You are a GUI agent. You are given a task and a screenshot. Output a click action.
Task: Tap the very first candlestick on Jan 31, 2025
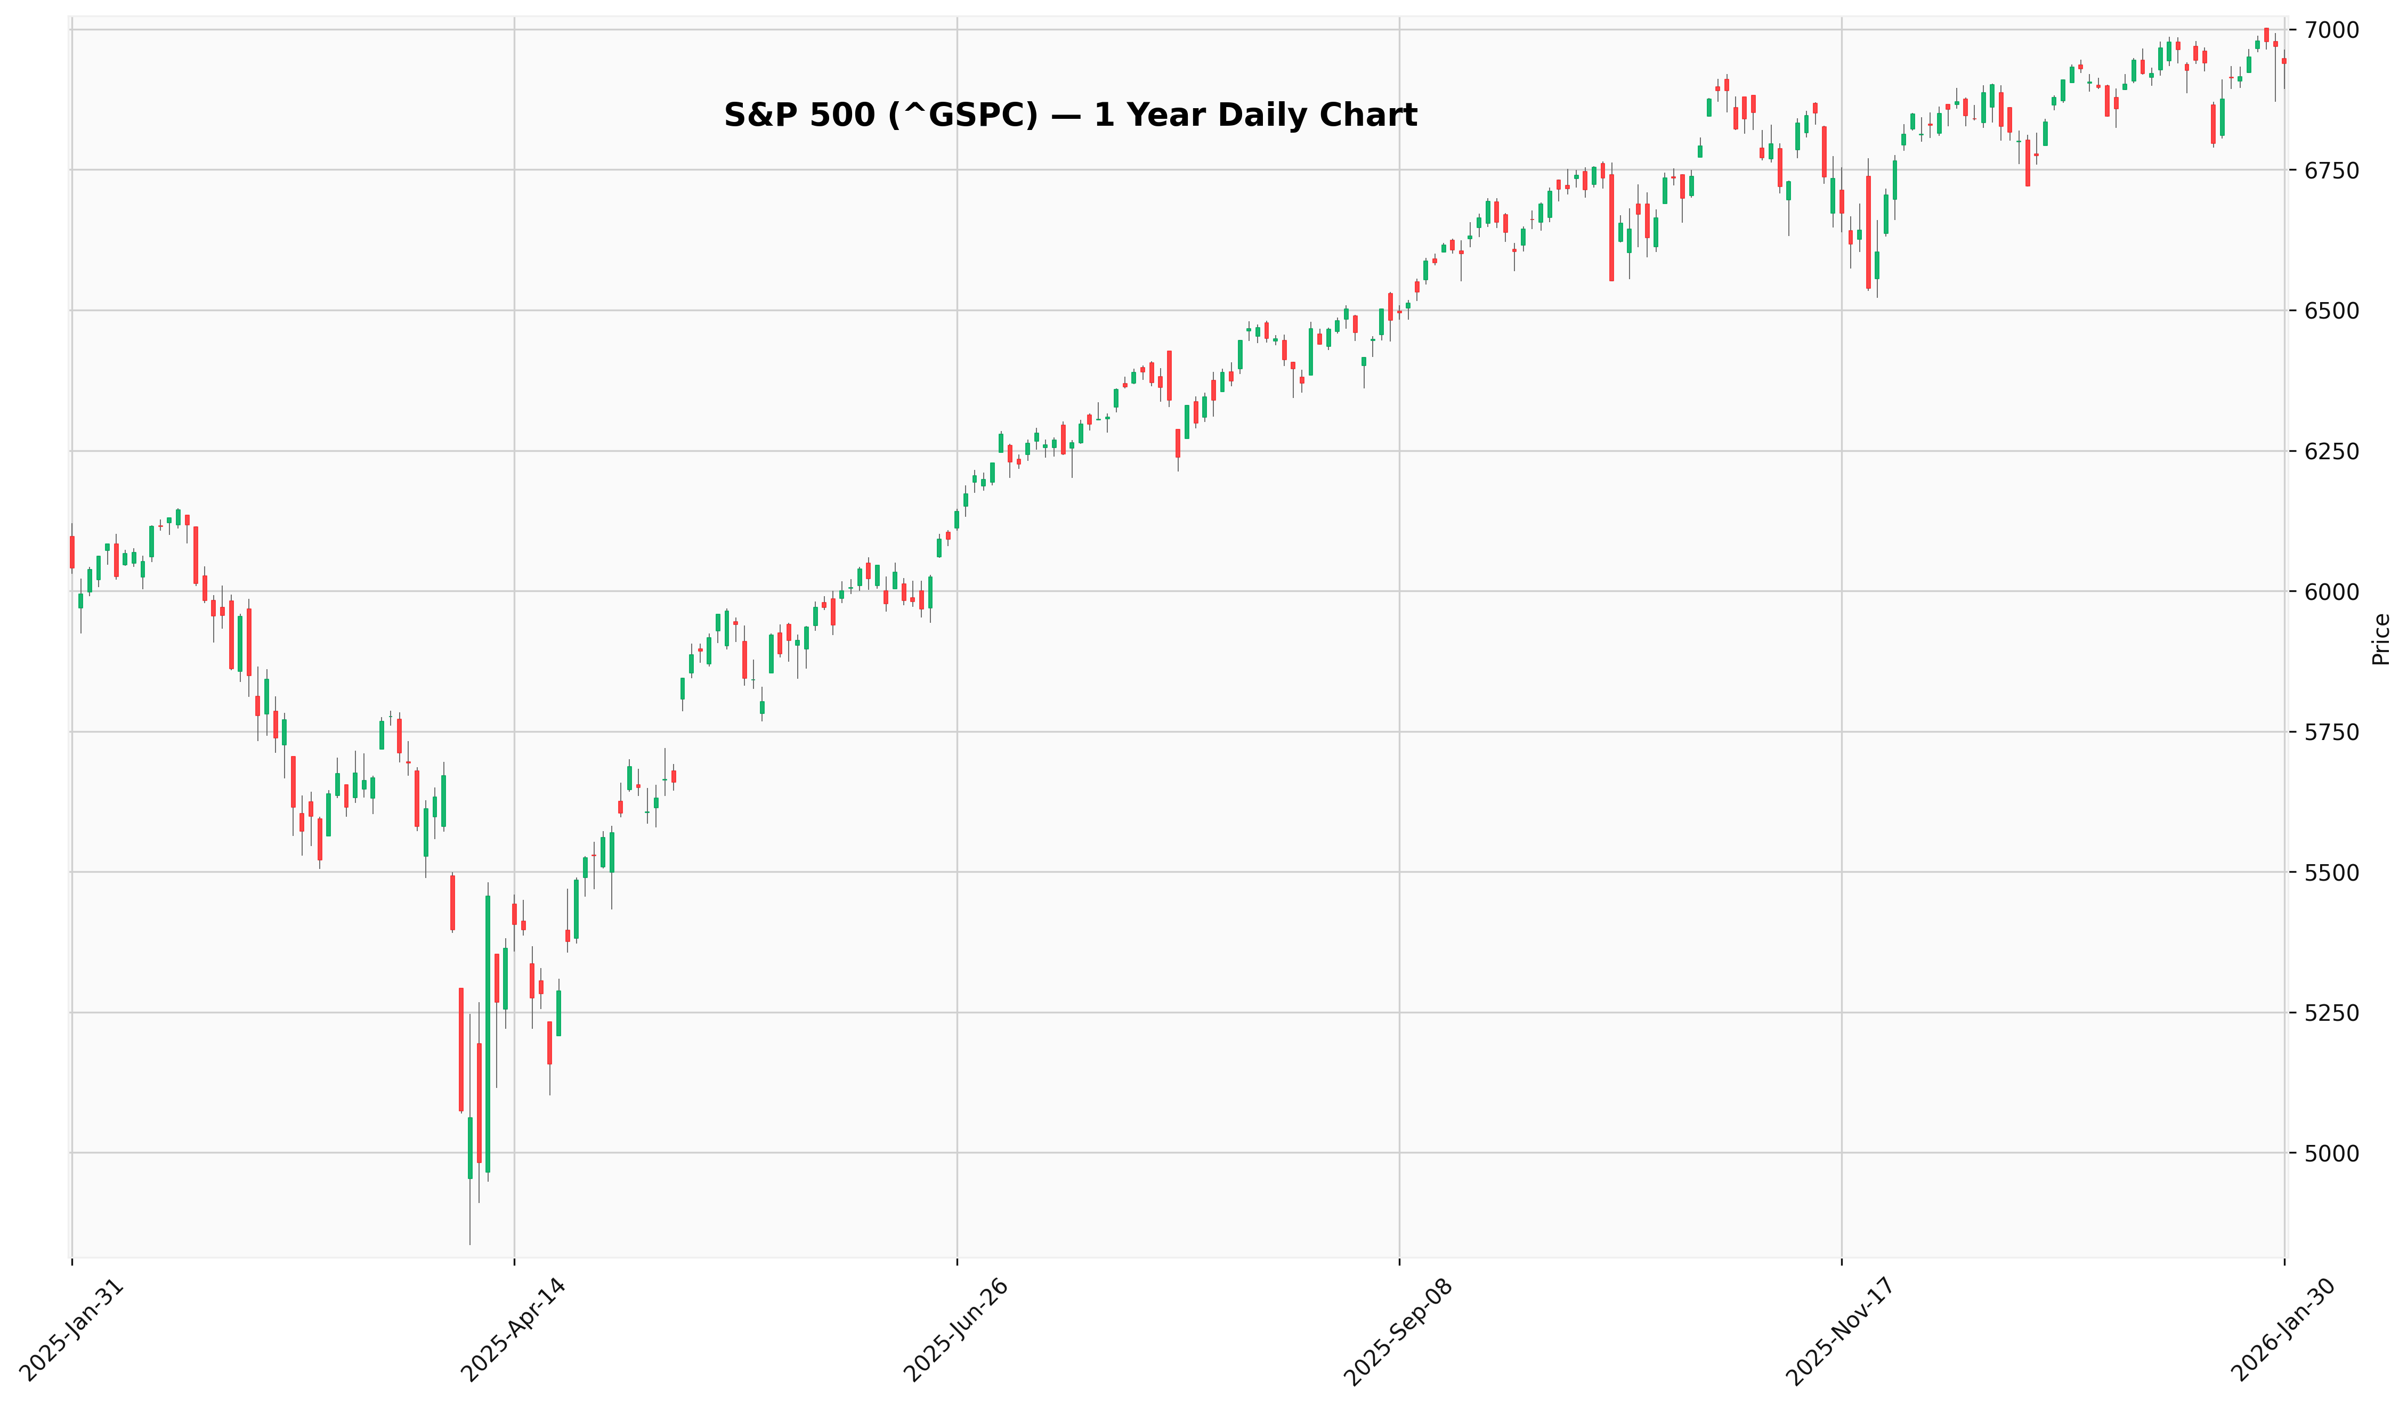[x=71, y=552]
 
